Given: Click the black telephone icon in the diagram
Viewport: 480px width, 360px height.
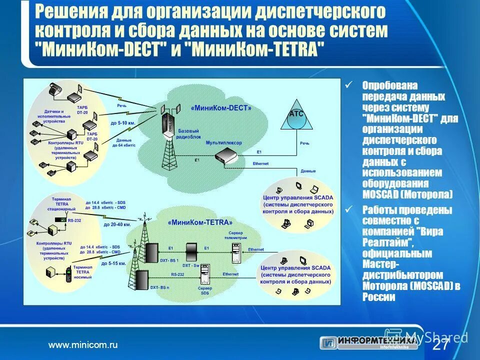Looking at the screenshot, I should pyautogui.click(x=53, y=90).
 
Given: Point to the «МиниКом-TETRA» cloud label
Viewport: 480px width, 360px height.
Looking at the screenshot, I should pyautogui.click(x=200, y=222).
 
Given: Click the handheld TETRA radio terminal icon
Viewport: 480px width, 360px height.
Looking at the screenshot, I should pyautogui.click(x=68, y=275).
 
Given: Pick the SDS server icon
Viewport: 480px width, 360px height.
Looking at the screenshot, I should pyautogui.click(x=204, y=274).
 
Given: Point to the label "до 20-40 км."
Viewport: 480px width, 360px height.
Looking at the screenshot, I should pyautogui.click(x=117, y=225).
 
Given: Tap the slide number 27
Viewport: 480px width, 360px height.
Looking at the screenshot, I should pyautogui.click(x=440, y=345).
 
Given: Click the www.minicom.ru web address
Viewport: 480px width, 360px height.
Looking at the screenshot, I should pyautogui.click(x=82, y=344).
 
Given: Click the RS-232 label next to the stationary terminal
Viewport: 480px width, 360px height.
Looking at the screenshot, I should pyautogui.click(x=75, y=219).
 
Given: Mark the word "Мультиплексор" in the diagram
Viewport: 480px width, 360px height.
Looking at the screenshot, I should pyautogui.click(x=224, y=142).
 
